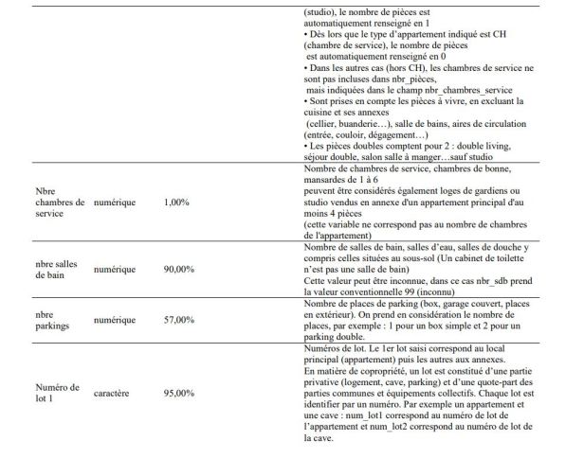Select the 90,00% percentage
179,270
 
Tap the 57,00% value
179,322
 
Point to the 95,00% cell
179,388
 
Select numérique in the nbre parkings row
116,322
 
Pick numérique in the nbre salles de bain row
116,270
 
